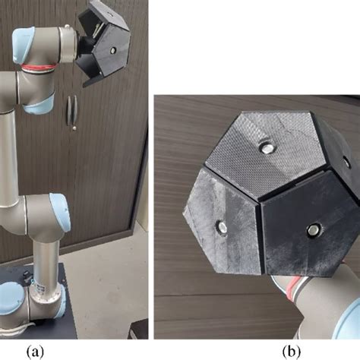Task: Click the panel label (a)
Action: [x=35, y=352]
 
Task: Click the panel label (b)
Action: [x=292, y=352]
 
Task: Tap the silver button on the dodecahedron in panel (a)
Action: [x=113, y=50]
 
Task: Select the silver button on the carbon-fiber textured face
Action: [x=266, y=148]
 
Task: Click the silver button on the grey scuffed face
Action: [x=222, y=226]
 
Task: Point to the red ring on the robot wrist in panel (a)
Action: [x=38, y=68]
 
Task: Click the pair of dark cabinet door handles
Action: [x=72, y=109]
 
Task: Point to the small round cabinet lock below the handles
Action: [x=74, y=128]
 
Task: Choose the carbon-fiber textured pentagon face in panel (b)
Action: [x=264, y=153]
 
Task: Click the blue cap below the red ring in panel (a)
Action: [x=40, y=103]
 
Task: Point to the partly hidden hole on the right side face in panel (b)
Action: [x=346, y=163]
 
